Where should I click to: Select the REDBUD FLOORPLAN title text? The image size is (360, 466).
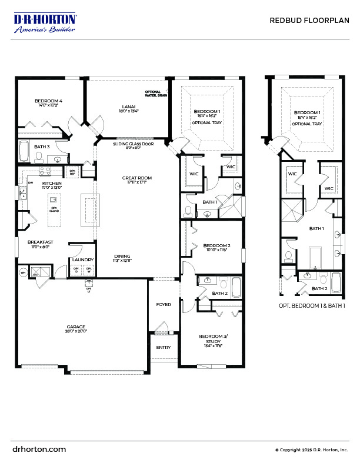pos(309,20)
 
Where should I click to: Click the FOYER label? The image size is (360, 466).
pos(163,305)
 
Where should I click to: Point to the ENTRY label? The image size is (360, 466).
pos(163,347)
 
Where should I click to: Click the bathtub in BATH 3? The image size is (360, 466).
pos(25,151)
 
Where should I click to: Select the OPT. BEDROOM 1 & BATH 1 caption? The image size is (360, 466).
pos(311,306)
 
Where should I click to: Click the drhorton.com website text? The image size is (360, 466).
pos(39,449)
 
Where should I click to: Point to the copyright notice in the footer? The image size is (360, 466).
pos(311,450)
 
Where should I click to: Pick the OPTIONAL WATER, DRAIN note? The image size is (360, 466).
pos(156,94)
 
